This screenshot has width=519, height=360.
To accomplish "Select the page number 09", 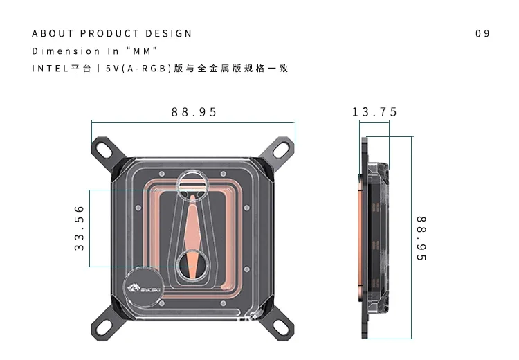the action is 482,33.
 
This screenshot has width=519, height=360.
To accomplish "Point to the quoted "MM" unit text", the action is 140,51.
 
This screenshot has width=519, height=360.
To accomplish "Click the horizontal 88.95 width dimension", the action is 194,112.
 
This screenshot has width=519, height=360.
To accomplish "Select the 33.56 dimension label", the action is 79,228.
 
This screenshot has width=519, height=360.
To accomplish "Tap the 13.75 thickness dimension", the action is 375,112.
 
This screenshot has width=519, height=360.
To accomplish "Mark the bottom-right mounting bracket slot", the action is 279,325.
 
